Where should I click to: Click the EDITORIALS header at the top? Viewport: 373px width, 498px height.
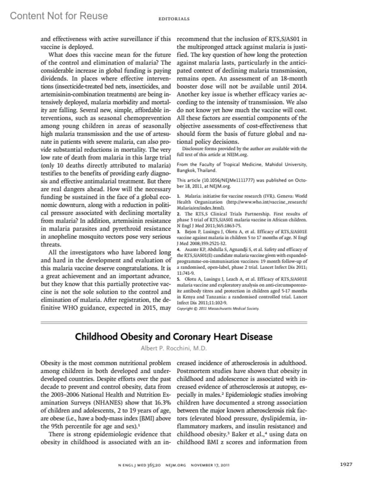[x=174, y=19]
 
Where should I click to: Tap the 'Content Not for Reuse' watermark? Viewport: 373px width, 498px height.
[x=59, y=16]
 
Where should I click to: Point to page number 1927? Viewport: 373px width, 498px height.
[x=346, y=464]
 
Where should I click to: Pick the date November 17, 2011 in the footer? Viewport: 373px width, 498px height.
[x=210, y=465]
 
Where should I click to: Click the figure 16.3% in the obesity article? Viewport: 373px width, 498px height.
[x=163, y=403]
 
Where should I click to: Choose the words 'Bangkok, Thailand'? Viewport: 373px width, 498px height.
[x=196, y=171]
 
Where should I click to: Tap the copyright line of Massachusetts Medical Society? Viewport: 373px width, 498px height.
[x=218, y=309]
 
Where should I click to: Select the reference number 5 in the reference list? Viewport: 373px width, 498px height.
[x=178, y=279]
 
